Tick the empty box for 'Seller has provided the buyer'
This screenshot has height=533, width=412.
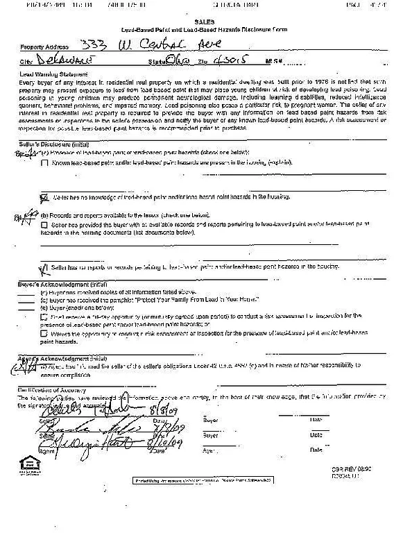click(x=44, y=226)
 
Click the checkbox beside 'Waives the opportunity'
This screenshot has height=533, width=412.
click(x=44, y=334)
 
